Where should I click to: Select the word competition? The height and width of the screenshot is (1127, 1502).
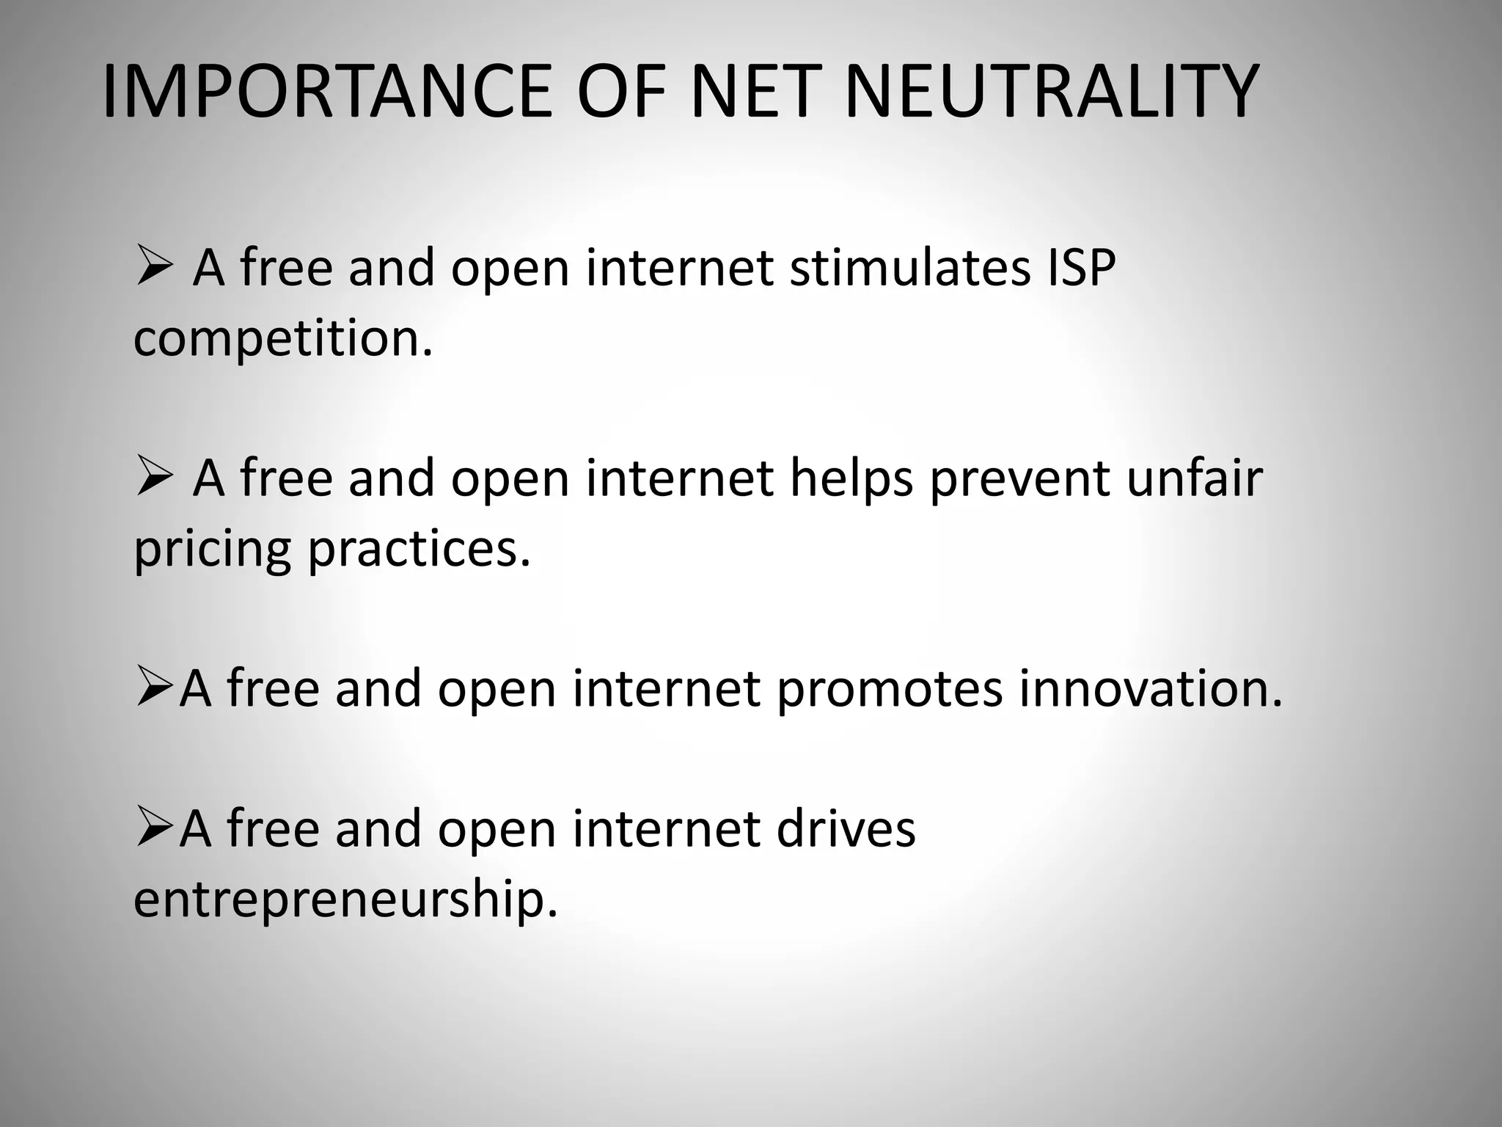pos(283,339)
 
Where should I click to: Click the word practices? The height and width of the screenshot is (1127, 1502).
pos(419,550)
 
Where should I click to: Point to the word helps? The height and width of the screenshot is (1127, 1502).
pos(851,478)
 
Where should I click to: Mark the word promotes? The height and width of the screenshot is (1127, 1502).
pos(889,690)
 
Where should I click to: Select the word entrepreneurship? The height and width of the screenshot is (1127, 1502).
pos(345,900)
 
